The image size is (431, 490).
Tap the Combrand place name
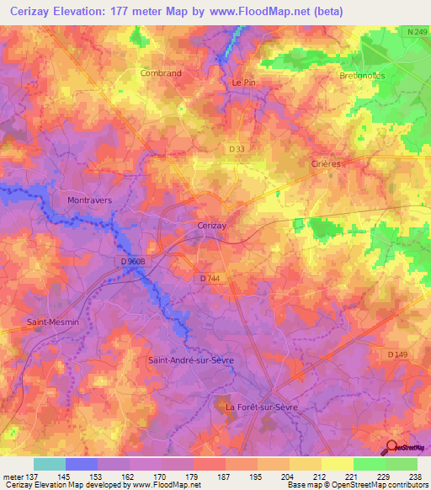pos(160,73)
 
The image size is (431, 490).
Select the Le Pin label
pos(242,83)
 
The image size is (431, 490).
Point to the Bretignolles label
pos(362,76)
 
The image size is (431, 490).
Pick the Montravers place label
pos(89,200)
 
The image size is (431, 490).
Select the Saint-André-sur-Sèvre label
pos(190,360)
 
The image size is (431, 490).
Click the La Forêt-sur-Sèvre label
pos(262,407)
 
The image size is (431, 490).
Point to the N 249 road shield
pos(414,32)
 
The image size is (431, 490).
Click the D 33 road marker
pos(237,149)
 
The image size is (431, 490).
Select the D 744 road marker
pos(212,279)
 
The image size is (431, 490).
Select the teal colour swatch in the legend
pos(50,464)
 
